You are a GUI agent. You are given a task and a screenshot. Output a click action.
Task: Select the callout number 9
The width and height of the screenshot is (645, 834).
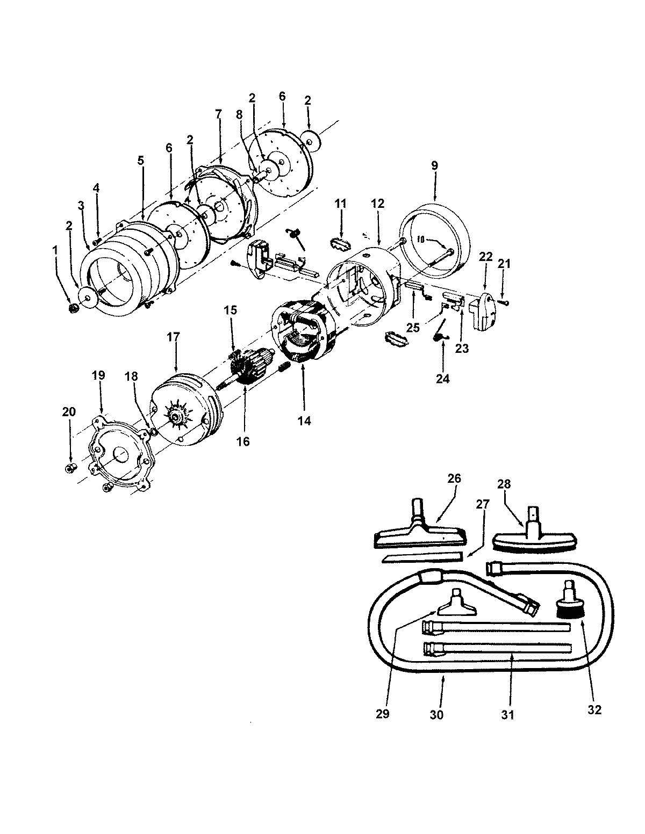coord(435,165)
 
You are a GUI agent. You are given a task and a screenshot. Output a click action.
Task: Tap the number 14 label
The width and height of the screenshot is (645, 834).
coord(304,421)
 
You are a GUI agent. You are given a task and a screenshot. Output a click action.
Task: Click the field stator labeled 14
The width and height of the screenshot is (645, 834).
coord(301,333)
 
